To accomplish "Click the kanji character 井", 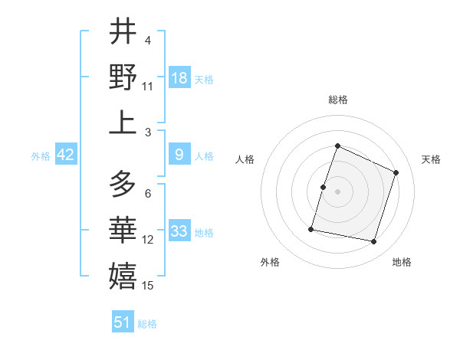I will click(123, 31).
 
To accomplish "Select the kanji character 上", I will click(123, 122).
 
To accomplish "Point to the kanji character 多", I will click(123, 185).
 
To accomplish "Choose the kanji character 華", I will click(123, 231).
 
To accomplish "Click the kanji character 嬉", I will click(123, 276).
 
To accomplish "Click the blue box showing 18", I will click(179, 77).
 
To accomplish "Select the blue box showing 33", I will click(179, 231).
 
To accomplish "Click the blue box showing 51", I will click(123, 322).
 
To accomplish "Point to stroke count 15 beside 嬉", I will click(149, 286).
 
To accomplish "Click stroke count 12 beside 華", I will click(148, 240).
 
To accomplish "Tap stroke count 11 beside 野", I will click(148, 86).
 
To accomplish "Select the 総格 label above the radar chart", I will click(338, 100).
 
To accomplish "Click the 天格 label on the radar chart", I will click(432, 159).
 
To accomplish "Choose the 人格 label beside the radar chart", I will click(245, 159).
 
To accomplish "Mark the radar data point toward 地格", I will click(374, 242).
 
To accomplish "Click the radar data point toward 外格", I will click(312, 229).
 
